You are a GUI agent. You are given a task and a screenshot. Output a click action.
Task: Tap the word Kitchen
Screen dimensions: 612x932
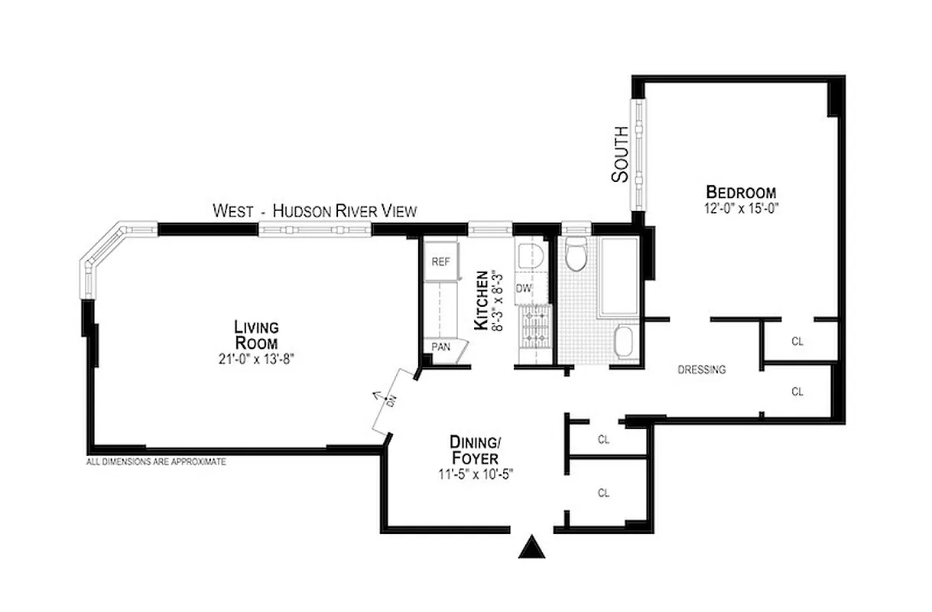pos(482,300)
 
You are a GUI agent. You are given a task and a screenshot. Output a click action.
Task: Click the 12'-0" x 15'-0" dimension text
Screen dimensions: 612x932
pos(741,207)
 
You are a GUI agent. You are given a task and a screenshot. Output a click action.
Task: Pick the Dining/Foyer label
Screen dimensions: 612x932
pos(474,450)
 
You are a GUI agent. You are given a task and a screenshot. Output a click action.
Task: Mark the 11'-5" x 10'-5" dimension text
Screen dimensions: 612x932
pos(474,473)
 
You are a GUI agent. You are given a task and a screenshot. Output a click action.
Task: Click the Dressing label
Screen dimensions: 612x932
pos(702,370)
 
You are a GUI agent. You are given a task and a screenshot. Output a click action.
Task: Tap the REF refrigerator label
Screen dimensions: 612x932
pos(441,261)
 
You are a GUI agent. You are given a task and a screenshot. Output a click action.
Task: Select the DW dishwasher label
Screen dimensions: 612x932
pos(524,288)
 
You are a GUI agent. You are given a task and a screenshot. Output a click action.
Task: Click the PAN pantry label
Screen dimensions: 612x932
pos(441,347)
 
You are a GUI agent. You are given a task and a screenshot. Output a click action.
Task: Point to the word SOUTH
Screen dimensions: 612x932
pos(620,154)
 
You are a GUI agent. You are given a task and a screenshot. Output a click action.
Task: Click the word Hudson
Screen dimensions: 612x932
pos(302,210)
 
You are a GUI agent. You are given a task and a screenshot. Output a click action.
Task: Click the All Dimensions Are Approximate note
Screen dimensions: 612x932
pos(156,462)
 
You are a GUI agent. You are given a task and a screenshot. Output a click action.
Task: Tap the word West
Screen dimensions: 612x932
pos(233,210)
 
